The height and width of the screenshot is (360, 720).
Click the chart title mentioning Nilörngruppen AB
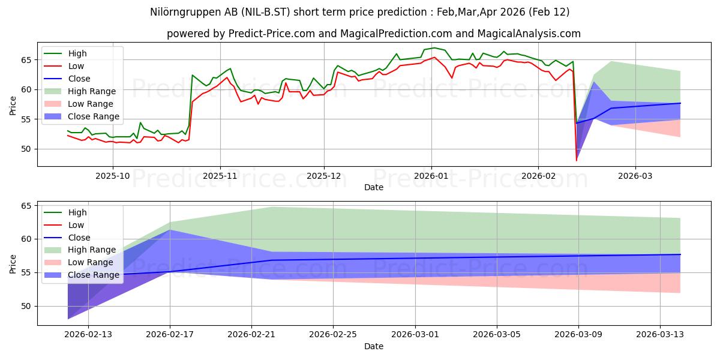pyautogui.click(x=359, y=12)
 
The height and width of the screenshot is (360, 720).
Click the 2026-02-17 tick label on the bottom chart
pyautogui.click(x=170, y=335)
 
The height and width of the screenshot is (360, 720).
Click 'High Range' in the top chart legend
pyautogui.click(x=92, y=91)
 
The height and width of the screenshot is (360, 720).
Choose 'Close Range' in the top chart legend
pyautogui.click(x=94, y=116)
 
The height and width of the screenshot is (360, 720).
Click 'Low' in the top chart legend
pyautogui.click(x=76, y=66)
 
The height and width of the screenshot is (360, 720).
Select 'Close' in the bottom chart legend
pyautogui.click(x=79, y=238)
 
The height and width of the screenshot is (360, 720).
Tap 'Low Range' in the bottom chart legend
pyautogui.click(x=90, y=262)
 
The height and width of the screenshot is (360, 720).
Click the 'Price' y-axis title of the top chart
pyautogui.click(x=14, y=104)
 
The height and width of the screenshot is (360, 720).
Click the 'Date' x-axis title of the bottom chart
pyautogui.click(x=373, y=346)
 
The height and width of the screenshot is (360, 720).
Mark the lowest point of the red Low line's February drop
pyautogui.click(x=577, y=160)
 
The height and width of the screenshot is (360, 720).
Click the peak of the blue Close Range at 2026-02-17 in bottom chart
pyautogui.click(x=170, y=229)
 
